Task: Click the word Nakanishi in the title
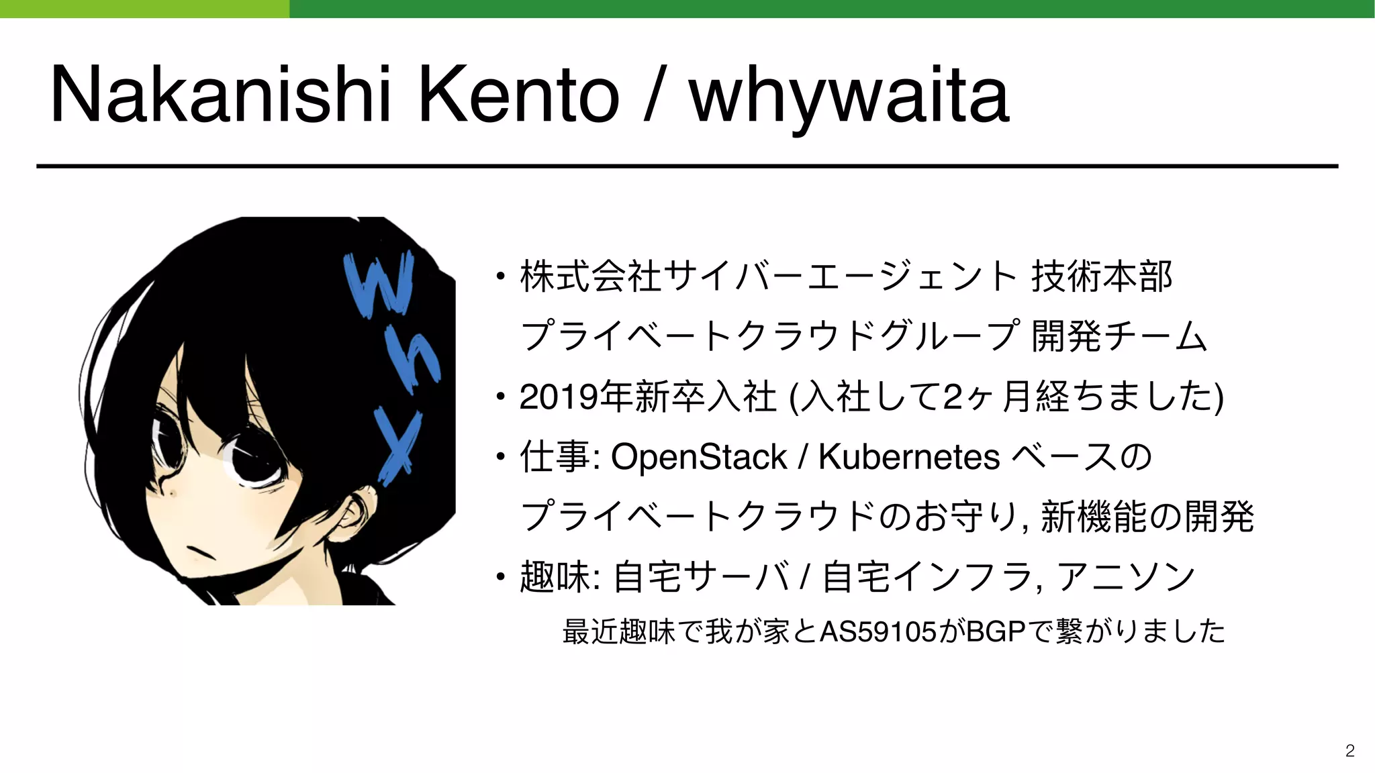point(220,95)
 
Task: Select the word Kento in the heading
point(518,95)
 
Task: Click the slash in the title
point(653,95)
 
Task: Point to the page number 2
point(1349,750)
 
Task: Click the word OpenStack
point(699,457)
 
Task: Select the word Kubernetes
point(909,457)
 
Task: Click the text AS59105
point(878,631)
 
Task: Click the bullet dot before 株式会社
point(500,276)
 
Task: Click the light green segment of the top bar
point(144,9)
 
